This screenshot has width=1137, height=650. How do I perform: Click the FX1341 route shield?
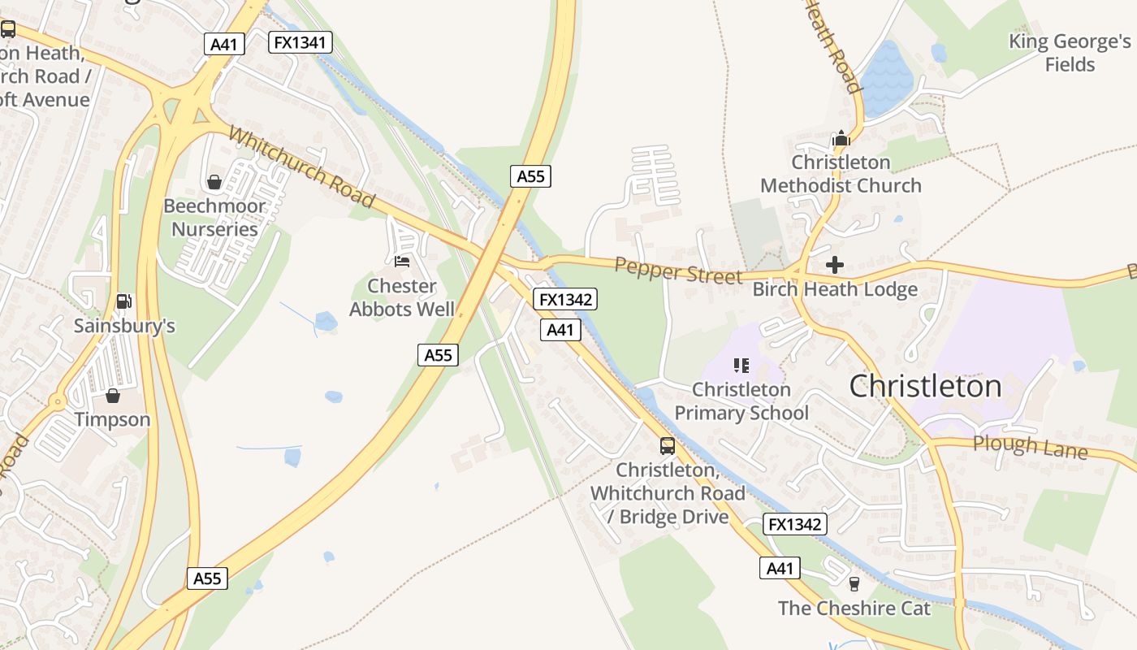tap(300, 42)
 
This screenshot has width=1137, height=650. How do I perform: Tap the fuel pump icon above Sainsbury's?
tap(123, 301)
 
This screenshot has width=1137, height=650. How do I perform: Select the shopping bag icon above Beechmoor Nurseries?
tap(214, 181)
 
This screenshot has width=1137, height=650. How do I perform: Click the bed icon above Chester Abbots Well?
tap(401, 261)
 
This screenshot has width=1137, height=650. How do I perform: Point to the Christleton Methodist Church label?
tap(841, 174)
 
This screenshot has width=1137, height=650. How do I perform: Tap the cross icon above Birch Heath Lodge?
tap(834, 265)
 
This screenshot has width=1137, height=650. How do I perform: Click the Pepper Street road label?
tap(678, 271)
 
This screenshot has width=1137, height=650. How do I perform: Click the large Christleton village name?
tap(925, 387)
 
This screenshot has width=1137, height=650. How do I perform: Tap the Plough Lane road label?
tap(1030, 446)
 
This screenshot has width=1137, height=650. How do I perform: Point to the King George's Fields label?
tap(1070, 53)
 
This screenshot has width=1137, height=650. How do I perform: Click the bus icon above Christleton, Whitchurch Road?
tap(667, 445)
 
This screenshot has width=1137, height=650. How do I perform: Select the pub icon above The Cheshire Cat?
tap(854, 583)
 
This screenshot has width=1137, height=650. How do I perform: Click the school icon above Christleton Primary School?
tap(741, 366)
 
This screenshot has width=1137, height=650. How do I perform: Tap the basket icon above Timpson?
tap(113, 396)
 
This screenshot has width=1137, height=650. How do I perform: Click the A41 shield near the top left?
tap(223, 44)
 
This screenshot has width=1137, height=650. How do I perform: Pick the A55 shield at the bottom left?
tap(207, 578)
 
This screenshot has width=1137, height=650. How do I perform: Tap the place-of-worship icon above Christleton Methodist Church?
tap(841, 138)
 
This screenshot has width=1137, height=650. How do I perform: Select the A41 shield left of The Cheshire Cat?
tap(780, 568)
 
